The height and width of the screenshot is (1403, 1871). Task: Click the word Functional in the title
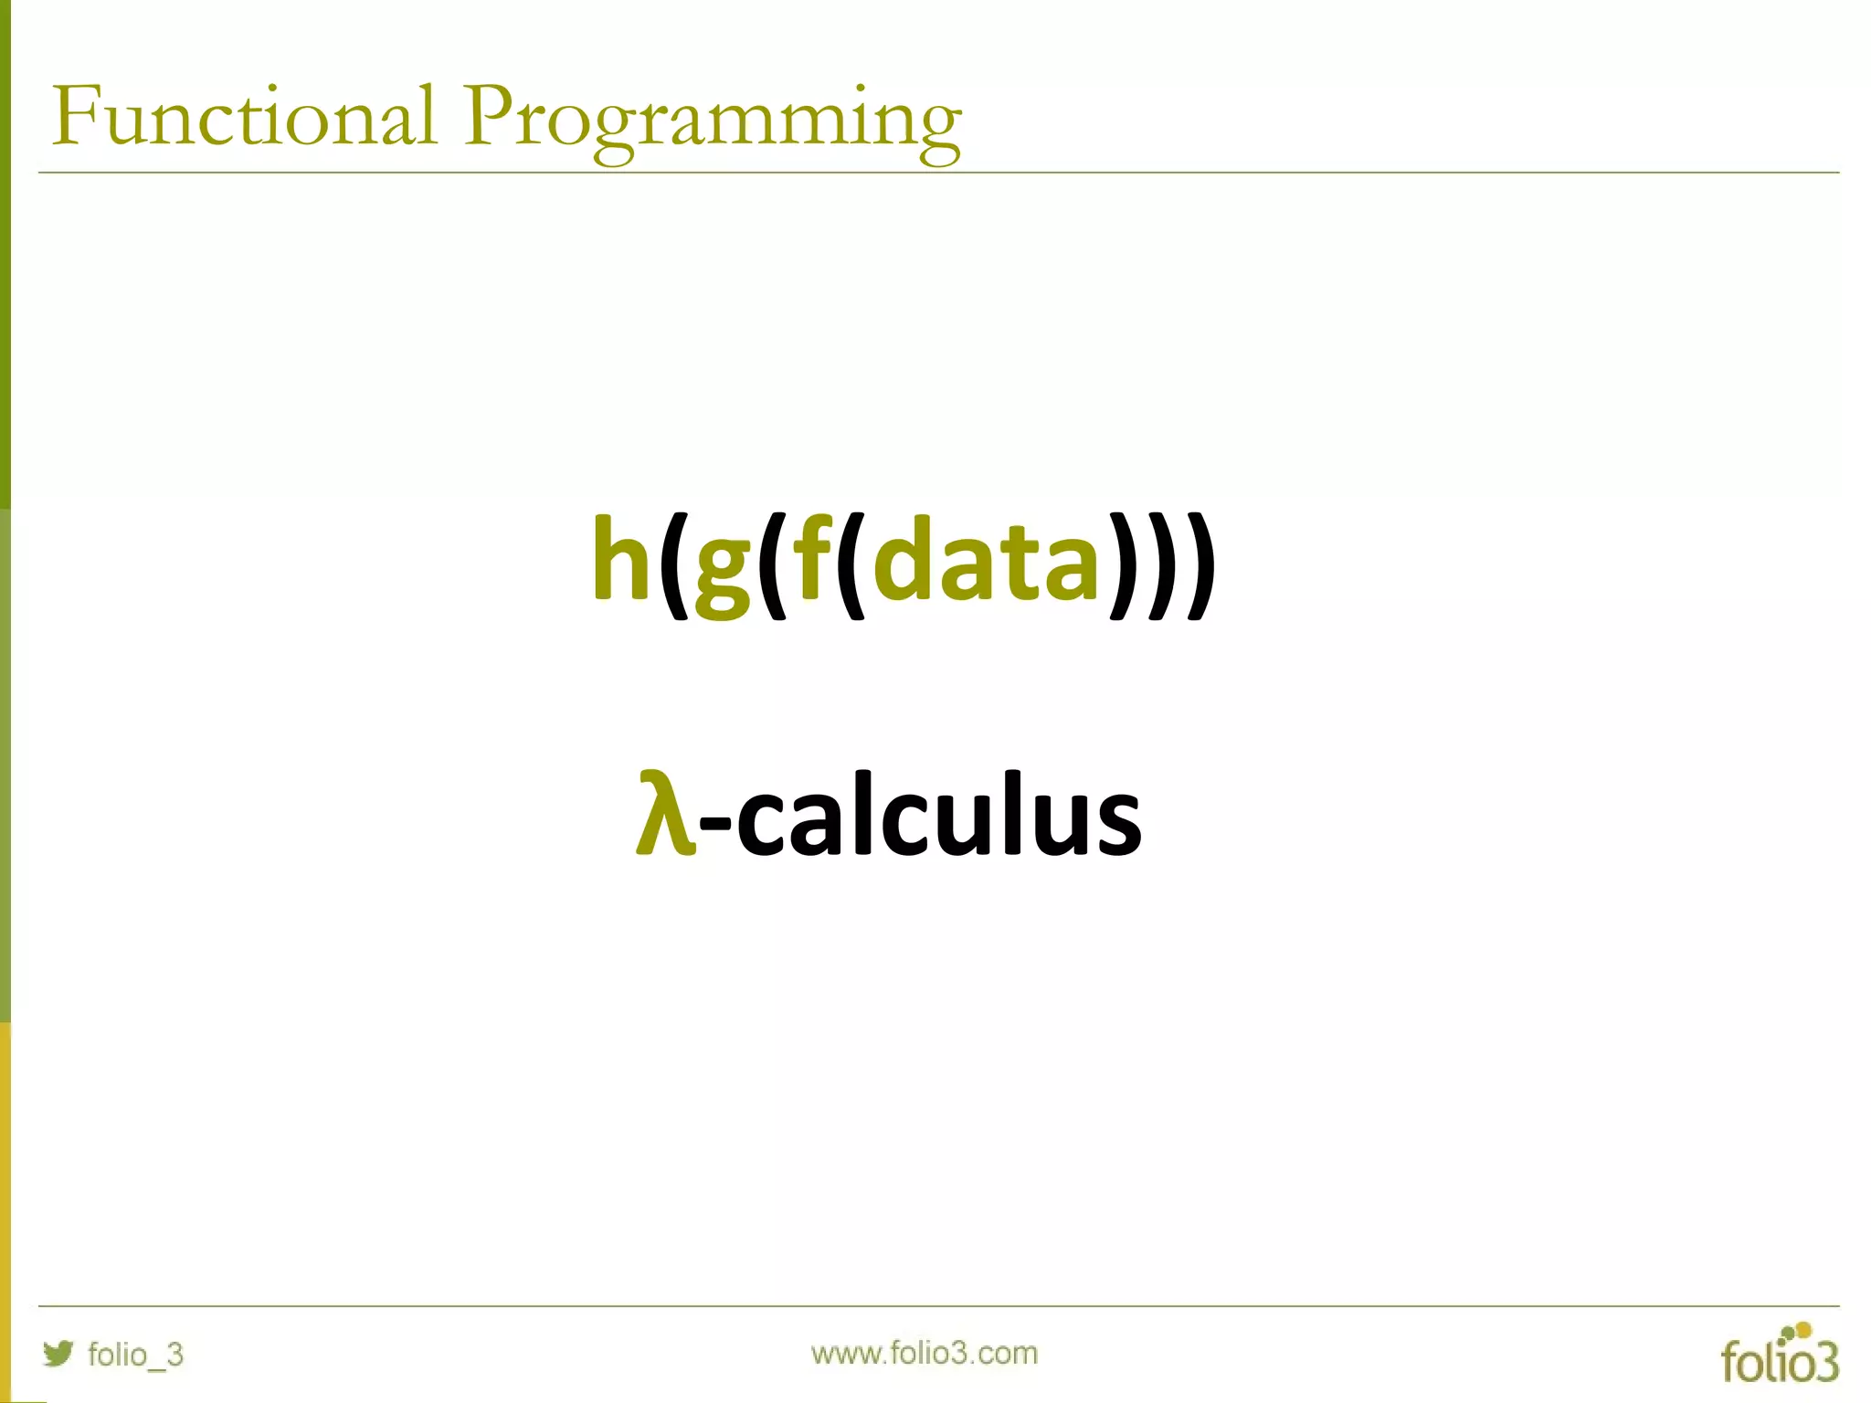(244, 117)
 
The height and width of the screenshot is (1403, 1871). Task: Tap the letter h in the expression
(621, 559)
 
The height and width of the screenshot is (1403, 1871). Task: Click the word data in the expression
(987, 559)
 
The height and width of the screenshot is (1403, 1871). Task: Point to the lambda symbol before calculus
(665, 813)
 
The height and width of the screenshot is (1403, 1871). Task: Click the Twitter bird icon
(58, 1353)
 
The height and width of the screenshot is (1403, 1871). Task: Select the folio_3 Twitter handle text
(135, 1354)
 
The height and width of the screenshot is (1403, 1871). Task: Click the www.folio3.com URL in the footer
(925, 1353)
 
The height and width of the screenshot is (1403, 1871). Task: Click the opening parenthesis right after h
(673, 564)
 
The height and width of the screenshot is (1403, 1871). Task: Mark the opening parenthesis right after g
(772, 564)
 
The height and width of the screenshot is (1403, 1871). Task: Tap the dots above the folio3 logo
(1798, 1332)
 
